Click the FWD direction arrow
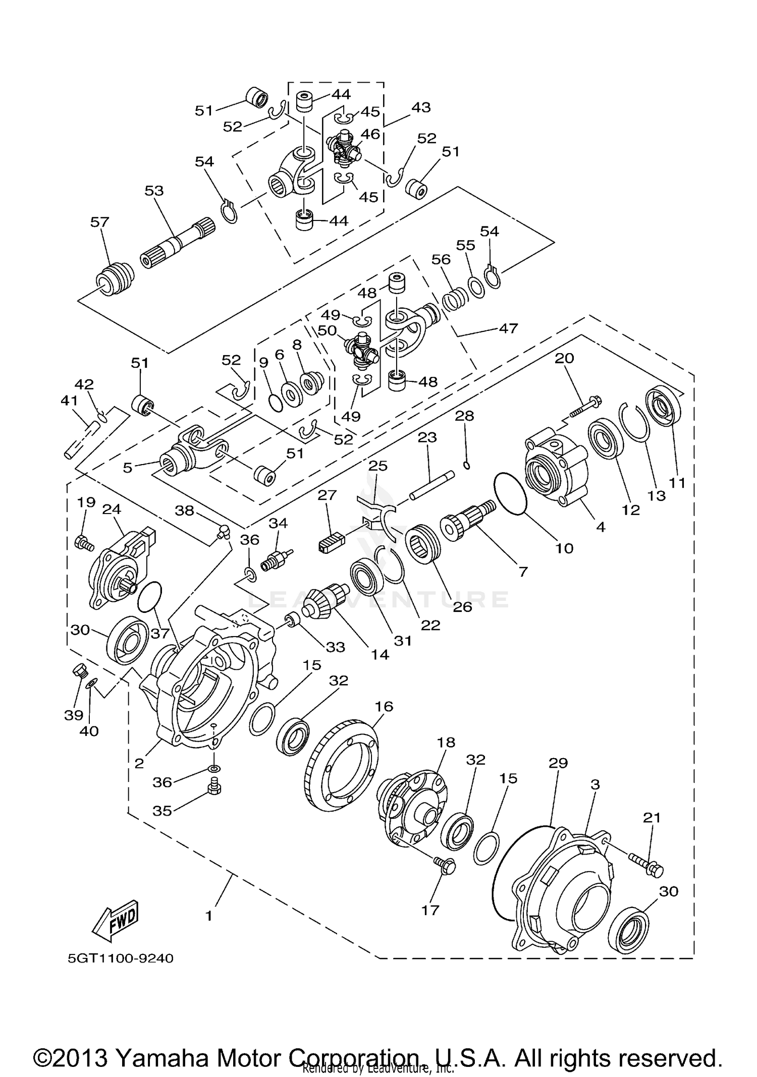(x=115, y=920)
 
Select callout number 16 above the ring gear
(x=384, y=706)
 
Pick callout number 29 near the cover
(x=559, y=763)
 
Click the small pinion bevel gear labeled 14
(x=327, y=600)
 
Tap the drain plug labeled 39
(x=80, y=672)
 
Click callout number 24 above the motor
(x=112, y=509)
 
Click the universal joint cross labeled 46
(x=345, y=150)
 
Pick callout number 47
(x=508, y=328)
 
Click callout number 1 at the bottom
(x=209, y=916)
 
